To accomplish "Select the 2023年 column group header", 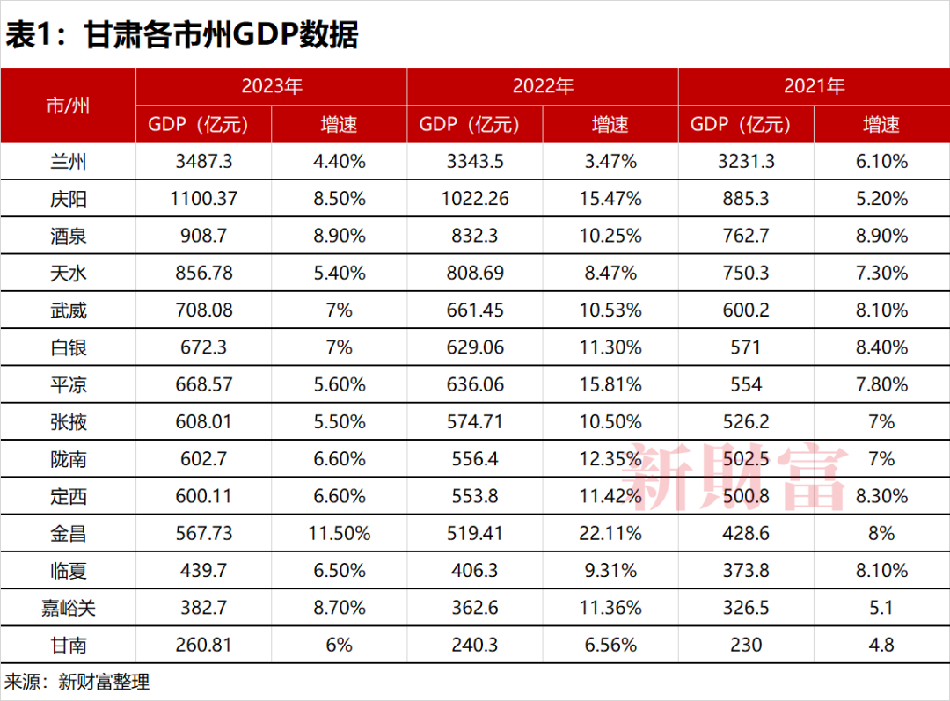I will (x=272, y=86).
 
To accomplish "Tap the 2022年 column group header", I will (x=543, y=86).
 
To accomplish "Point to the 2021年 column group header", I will (x=814, y=86).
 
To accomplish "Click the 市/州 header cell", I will (x=68, y=106).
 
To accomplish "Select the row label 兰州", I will (x=68, y=162).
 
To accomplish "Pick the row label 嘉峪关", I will (x=68, y=608).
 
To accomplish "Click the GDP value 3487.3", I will (x=203, y=162).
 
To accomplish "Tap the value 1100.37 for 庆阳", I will (x=203, y=199).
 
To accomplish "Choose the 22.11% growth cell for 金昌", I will (x=610, y=534).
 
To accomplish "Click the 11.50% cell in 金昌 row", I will (x=340, y=534).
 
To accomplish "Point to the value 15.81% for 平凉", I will (x=610, y=385).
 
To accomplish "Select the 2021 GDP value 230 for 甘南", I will (x=746, y=645).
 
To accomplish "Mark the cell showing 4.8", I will (x=881, y=645).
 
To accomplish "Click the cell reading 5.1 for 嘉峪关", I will (x=881, y=608).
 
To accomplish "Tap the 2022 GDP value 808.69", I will (x=475, y=274).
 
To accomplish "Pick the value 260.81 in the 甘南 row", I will (x=203, y=645).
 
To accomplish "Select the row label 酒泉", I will (x=68, y=237).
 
